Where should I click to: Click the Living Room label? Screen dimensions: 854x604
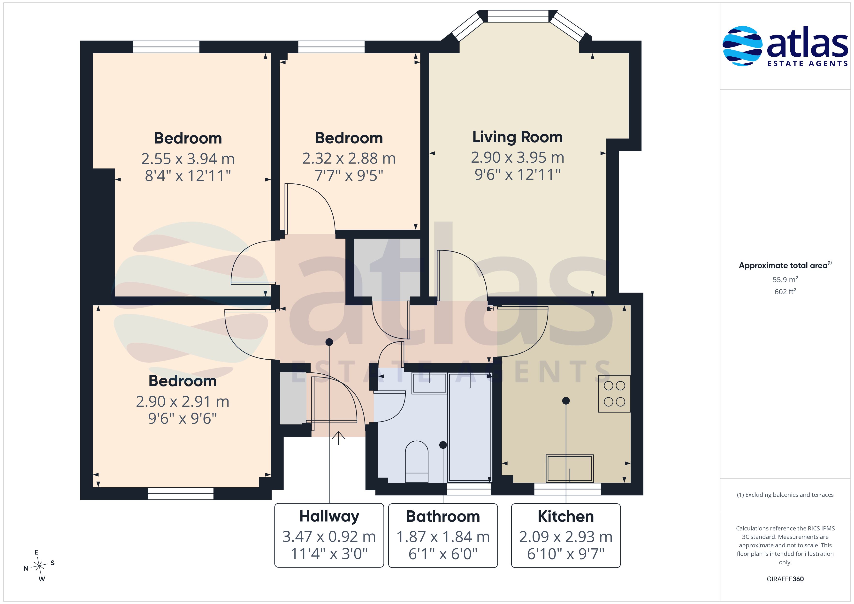tap(517, 137)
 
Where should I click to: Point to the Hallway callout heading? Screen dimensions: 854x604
tap(329, 517)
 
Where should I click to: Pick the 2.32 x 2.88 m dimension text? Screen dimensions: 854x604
tap(349, 159)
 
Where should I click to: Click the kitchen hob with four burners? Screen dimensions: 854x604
tap(614, 393)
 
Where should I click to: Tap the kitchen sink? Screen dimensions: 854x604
tap(570, 469)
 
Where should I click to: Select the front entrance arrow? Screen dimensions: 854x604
tap(338, 438)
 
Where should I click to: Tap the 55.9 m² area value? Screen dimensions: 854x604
tap(785, 279)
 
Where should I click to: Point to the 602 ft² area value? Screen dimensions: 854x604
tap(785, 292)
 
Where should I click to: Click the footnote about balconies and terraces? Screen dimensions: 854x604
tap(785, 495)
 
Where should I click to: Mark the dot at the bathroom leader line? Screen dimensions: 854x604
tap(443, 445)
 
